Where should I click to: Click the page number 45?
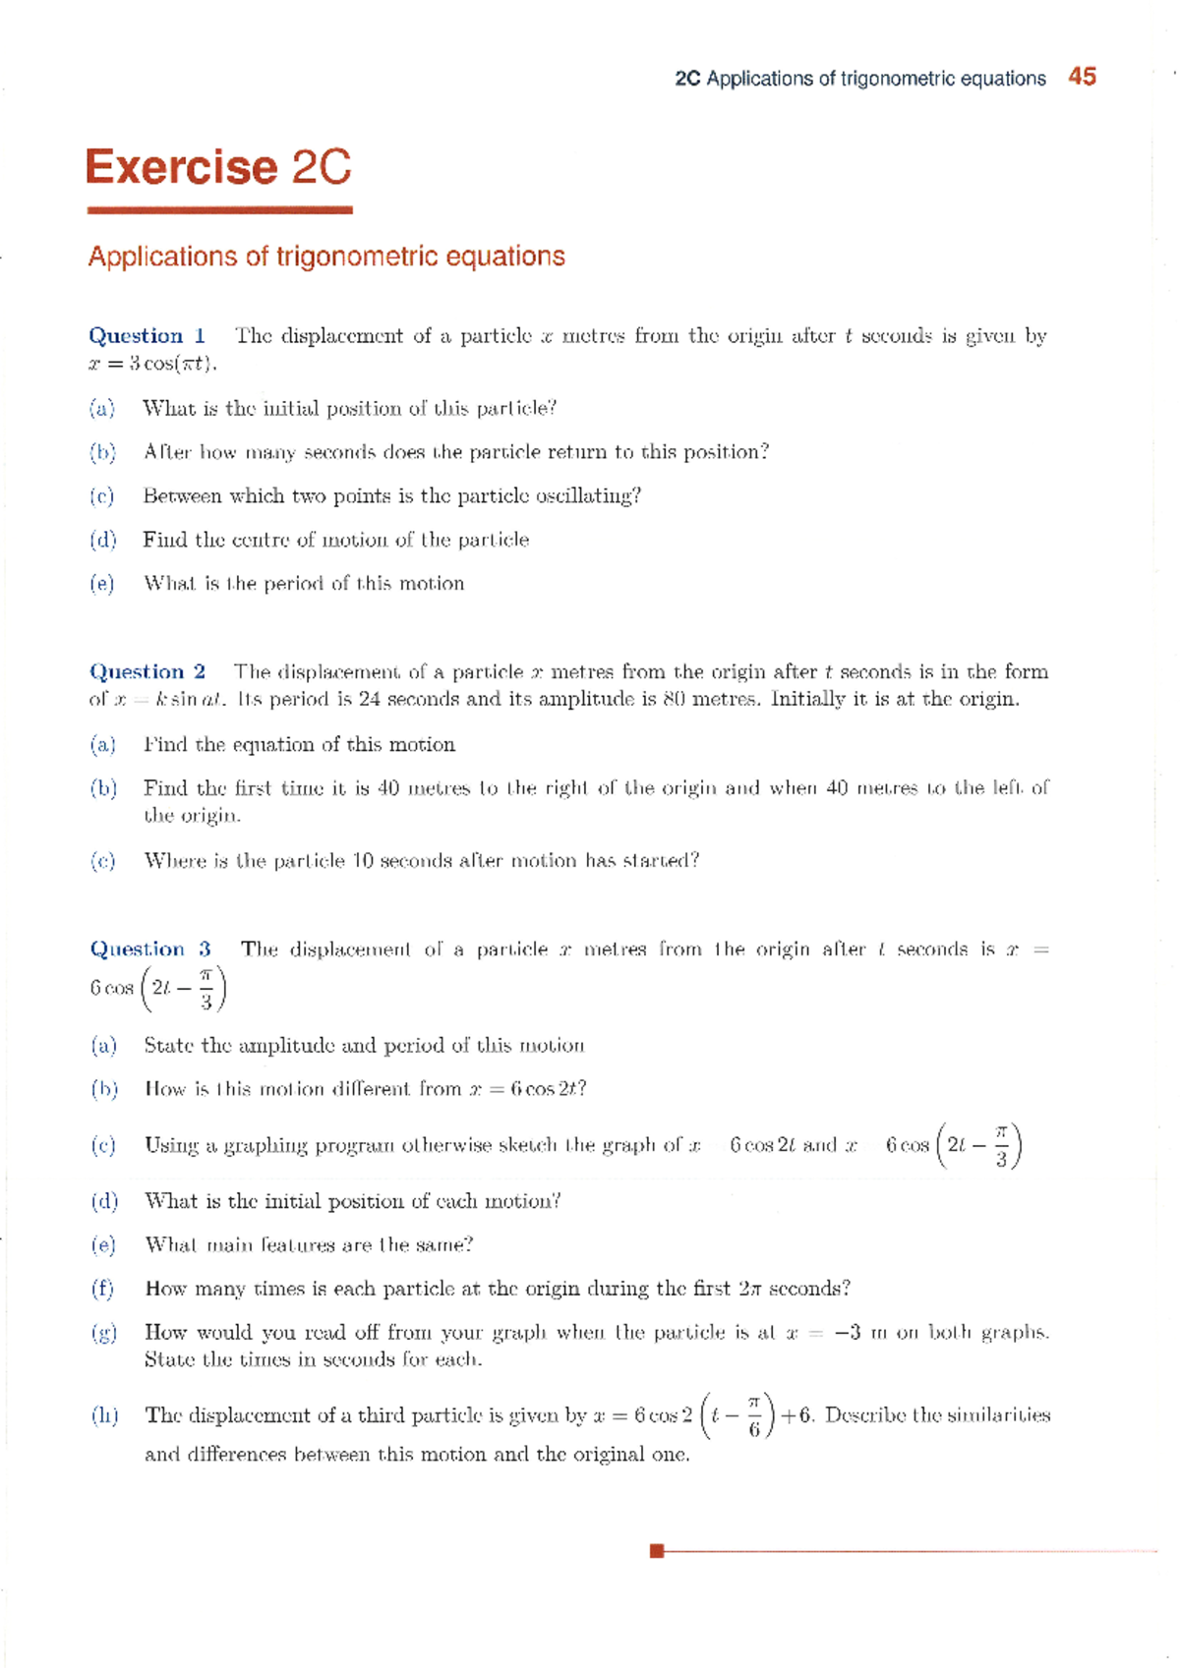click(x=1082, y=77)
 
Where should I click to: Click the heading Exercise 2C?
click(x=218, y=167)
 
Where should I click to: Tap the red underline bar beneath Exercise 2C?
click(x=219, y=209)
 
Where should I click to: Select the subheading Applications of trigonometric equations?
click(x=326, y=257)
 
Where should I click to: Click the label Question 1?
click(x=147, y=336)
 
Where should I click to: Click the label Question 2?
click(x=147, y=672)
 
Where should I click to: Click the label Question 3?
click(x=150, y=949)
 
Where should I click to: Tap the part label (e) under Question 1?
click(x=102, y=584)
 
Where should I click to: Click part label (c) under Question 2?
click(x=102, y=861)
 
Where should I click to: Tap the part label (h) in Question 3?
click(x=104, y=1415)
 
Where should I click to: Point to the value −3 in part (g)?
click(x=848, y=1333)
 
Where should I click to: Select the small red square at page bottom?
click(x=657, y=1551)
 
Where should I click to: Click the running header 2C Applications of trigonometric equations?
click(x=860, y=79)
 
